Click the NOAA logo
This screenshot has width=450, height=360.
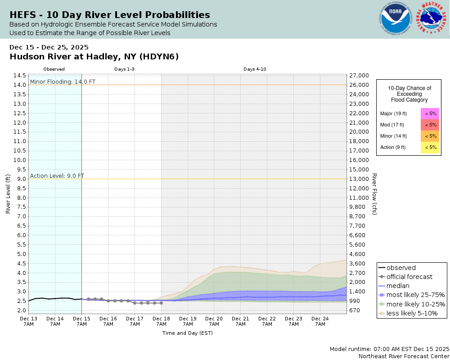[396, 19]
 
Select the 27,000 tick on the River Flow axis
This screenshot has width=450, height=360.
[359, 76]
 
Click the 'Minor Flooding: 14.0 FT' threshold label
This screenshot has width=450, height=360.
[63, 81]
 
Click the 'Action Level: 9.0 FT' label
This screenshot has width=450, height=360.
[57, 175]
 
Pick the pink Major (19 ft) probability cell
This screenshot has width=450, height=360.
[430, 113]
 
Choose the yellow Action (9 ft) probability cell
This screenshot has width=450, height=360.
[430, 147]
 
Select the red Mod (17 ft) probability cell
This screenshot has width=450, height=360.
[430, 125]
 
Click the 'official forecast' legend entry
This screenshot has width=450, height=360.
[409, 277]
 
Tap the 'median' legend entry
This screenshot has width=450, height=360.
[398, 286]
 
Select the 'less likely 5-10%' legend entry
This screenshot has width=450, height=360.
[412, 313]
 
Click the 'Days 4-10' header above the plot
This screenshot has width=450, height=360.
[255, 69]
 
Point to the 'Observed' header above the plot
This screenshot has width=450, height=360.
[54, 69]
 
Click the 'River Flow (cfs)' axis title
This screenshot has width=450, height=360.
[374, 194]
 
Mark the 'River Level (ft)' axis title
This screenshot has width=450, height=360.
[8, 194]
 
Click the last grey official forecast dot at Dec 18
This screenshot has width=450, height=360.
[161, 303]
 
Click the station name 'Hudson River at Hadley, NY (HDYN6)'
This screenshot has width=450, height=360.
[94, 57]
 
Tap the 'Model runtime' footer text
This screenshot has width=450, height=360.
[389, 349]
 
